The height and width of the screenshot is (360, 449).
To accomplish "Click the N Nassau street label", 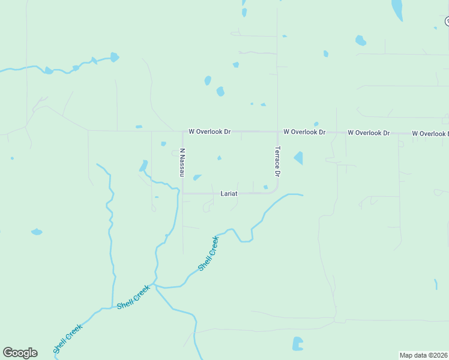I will [x=181, y=162].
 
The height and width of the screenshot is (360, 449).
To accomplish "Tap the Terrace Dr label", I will [x=277, y=161].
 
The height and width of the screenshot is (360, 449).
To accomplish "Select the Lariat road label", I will [x=229, y=193].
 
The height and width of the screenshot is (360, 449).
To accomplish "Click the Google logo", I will [x=20, y=353].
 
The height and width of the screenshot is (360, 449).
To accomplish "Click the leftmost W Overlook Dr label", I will [x=209, y=131].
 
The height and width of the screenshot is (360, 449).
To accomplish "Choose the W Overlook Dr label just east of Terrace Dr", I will [x=304, y=131].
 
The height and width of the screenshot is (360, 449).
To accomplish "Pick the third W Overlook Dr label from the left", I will [x=369, y=132].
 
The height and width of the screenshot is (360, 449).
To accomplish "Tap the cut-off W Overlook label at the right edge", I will [x=430, y=133].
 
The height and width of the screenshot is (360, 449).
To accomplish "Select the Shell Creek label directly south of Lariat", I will [x=208, y=253].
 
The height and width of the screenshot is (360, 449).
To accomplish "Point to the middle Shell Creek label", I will [x=133, y=297].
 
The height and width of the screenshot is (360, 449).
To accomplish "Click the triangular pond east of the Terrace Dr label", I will [x=298, y=158].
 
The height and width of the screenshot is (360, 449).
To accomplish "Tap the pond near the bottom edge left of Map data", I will [x=297, y=344].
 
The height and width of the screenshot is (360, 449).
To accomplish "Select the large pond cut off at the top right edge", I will [x=397, y=9].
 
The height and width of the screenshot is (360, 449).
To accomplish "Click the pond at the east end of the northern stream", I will [x=114, y=58].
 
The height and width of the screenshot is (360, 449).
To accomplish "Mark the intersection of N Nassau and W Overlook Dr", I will [x=182, y=131].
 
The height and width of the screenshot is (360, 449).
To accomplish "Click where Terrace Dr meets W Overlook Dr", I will [x=277, y=131].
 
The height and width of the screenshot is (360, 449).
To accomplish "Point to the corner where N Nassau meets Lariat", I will [x=182, y=193].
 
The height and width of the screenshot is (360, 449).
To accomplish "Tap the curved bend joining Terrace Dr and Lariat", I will [x=274, y=190].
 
